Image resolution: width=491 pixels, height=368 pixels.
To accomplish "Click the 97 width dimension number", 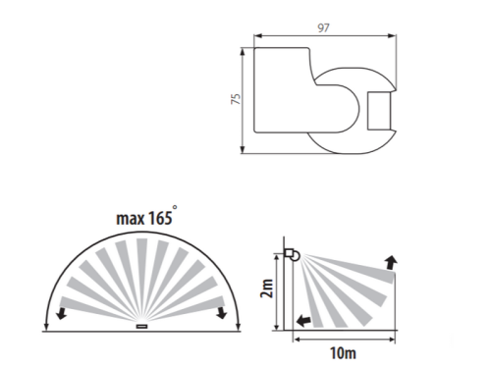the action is (x=323, y=27).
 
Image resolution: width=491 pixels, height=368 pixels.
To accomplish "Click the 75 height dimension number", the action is (x=236, y=99).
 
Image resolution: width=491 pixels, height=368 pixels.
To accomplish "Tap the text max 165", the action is (x=144, y=218).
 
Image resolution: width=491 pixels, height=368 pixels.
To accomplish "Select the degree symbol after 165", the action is (x=175, y=207).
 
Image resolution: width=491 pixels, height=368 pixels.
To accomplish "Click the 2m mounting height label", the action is (x=267, y=289).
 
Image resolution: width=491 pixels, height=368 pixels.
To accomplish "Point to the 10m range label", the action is (x=343, y=353).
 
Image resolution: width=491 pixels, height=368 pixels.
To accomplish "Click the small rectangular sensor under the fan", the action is (x=142, y=326).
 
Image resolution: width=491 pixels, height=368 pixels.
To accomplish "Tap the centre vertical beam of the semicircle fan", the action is (x=141, y=278).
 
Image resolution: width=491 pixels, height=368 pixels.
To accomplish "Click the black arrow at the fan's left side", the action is (x=61, y=313).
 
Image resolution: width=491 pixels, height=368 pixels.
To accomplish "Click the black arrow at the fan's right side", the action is (x=222, y=312).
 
